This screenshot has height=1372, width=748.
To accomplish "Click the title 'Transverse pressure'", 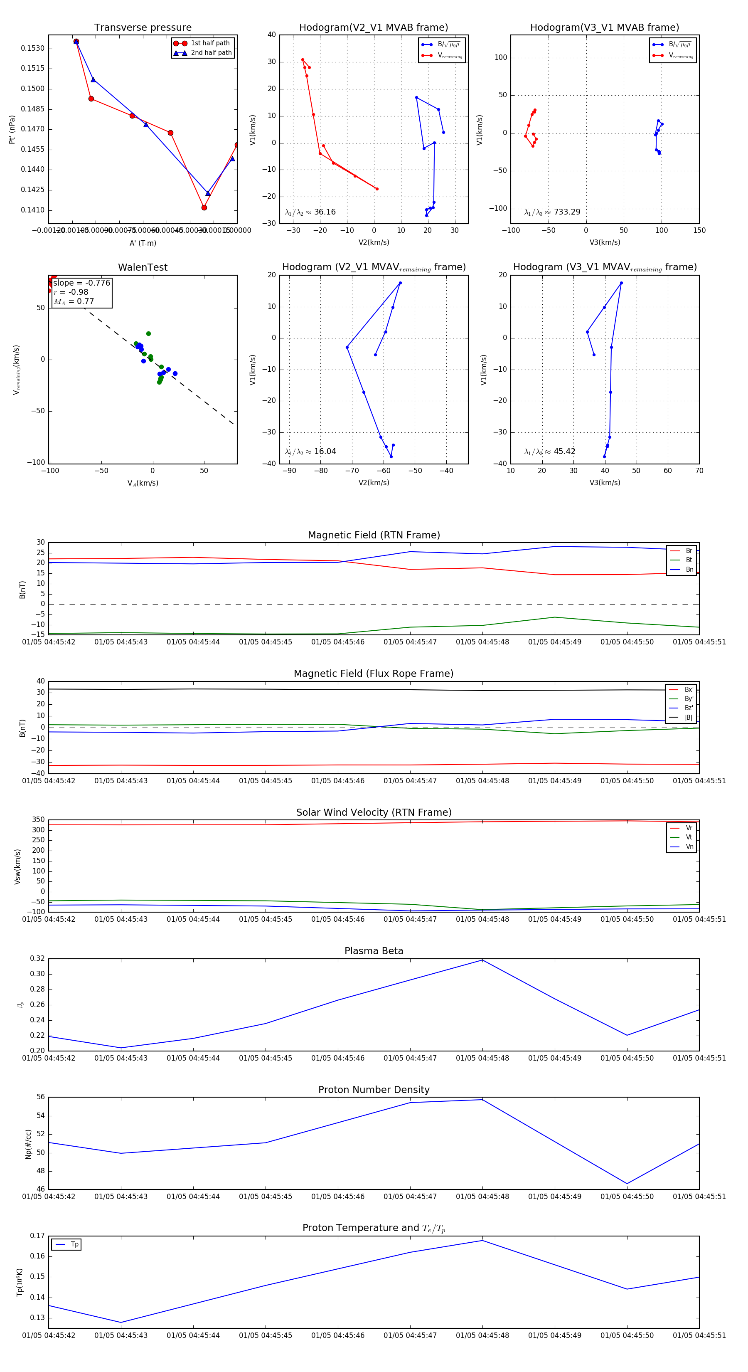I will [143, 28].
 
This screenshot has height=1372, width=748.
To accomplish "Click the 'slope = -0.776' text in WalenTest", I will [81, 283].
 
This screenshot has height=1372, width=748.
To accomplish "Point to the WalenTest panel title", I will [143, 267].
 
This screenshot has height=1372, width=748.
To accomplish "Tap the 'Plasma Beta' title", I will [374, 951].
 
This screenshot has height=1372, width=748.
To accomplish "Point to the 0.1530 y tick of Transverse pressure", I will [32, 49].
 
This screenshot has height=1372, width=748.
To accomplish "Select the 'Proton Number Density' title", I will [374, 1090].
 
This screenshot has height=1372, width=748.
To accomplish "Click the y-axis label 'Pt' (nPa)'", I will [12, 129].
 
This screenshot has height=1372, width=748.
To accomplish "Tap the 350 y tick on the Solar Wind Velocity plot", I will [38, 820].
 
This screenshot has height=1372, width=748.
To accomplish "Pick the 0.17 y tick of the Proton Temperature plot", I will [37, 1236].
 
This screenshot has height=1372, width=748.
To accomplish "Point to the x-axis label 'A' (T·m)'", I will [143, 243].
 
